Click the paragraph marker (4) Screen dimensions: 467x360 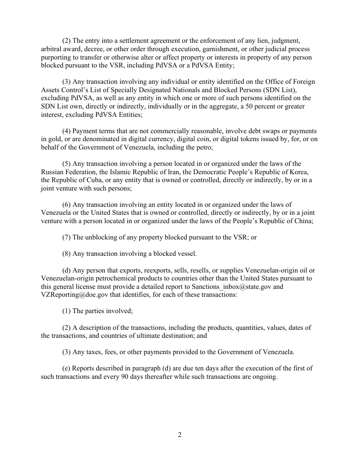pyautogui.click(x=67, y=131)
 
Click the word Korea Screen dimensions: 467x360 pyautogui.click(x=298, y=172)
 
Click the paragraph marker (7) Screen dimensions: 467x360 pyautogui.click(x=67, y=237)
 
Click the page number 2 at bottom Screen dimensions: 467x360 pyautogui.click(x=180, y=435)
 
